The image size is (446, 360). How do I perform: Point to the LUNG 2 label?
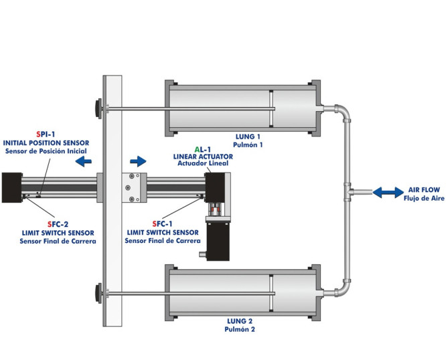(x=240, y=321)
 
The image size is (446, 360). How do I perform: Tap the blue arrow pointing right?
(x=138, y=161)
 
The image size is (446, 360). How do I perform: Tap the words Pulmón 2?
(x=240, y=329)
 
